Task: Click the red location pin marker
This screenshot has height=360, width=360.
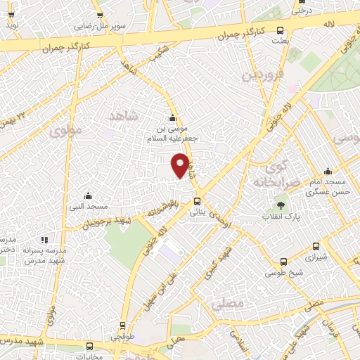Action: [181, 165]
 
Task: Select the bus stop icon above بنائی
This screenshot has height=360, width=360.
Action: [197, 202]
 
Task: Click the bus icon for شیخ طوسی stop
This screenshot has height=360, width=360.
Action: [283, 262]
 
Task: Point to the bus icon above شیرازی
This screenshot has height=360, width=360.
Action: [316, 247]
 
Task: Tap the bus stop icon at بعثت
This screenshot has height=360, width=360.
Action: [281, 30]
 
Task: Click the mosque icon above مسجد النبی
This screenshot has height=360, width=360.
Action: [88, 195]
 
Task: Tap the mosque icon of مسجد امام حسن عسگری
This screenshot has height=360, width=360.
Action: [328, 171]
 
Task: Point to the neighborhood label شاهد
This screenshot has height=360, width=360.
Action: [124, 114]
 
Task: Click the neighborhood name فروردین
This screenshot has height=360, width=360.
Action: [264, 75]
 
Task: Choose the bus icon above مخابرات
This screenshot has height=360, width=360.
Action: [89, 345]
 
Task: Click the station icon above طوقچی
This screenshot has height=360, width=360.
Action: [122, 326]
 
